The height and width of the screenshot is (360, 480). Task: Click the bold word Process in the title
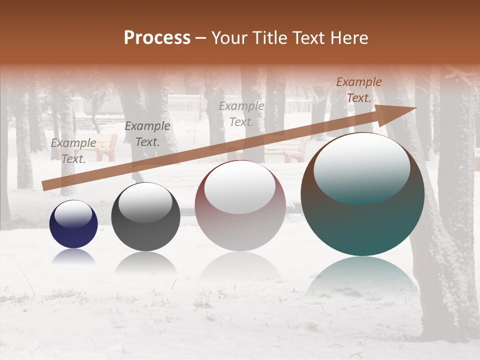(157, 38)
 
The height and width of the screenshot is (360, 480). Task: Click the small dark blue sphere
(73, 224)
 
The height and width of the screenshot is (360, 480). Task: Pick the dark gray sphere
(145, 217)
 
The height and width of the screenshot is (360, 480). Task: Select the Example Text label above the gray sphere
(147, 134)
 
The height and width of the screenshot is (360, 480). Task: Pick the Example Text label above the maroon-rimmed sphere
(241, 114)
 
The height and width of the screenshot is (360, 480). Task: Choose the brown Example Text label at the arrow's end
(359, 90)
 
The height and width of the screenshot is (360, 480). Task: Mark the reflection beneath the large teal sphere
(362, 275)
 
